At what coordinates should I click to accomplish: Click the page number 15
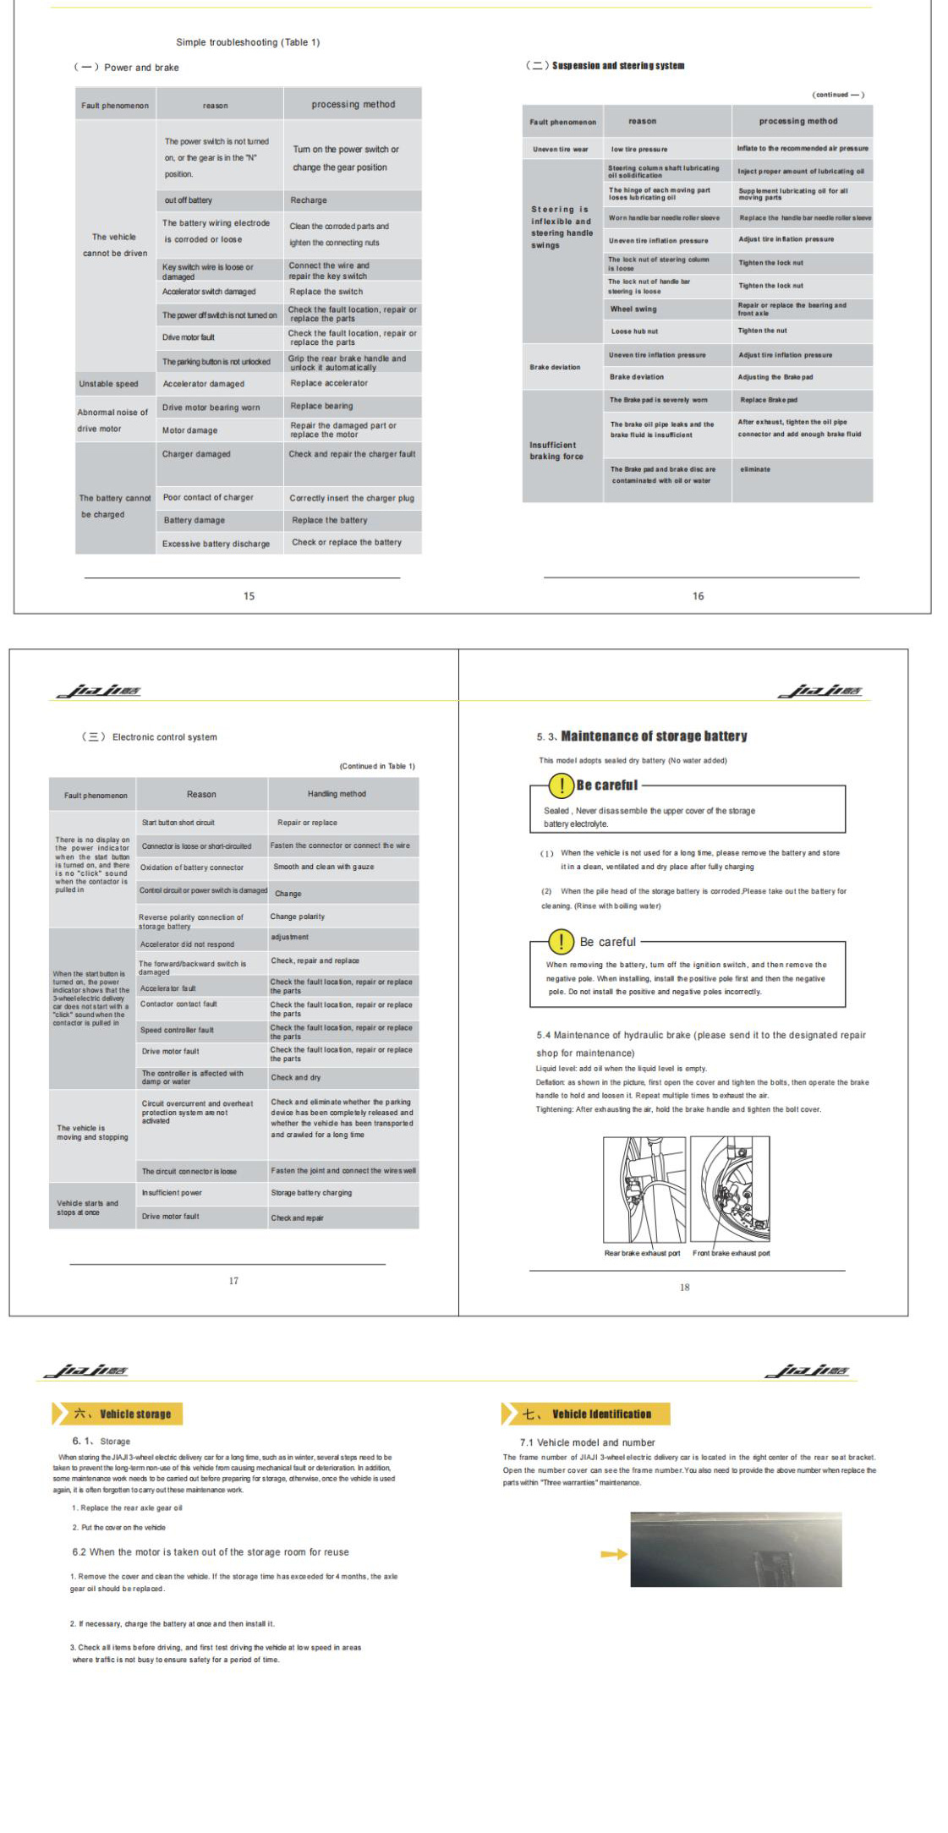249,596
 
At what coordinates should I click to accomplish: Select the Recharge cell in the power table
309,200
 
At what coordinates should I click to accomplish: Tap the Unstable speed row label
108,384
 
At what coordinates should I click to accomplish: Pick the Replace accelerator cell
329,383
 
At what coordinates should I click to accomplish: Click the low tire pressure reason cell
639,149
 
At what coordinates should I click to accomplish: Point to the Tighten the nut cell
762,331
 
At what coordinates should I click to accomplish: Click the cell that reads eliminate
755,469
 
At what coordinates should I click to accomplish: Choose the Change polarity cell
298,916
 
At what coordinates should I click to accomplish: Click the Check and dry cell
295,1077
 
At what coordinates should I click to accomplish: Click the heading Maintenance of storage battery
654,736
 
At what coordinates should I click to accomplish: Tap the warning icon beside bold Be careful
561,785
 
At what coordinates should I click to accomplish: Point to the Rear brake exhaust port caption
642,1253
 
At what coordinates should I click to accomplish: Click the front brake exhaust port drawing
731,1188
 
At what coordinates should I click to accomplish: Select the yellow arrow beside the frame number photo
614,1554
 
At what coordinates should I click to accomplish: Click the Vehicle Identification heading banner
586,1414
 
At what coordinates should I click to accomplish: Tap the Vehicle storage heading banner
118,1414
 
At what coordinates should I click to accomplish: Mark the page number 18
684,1287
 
